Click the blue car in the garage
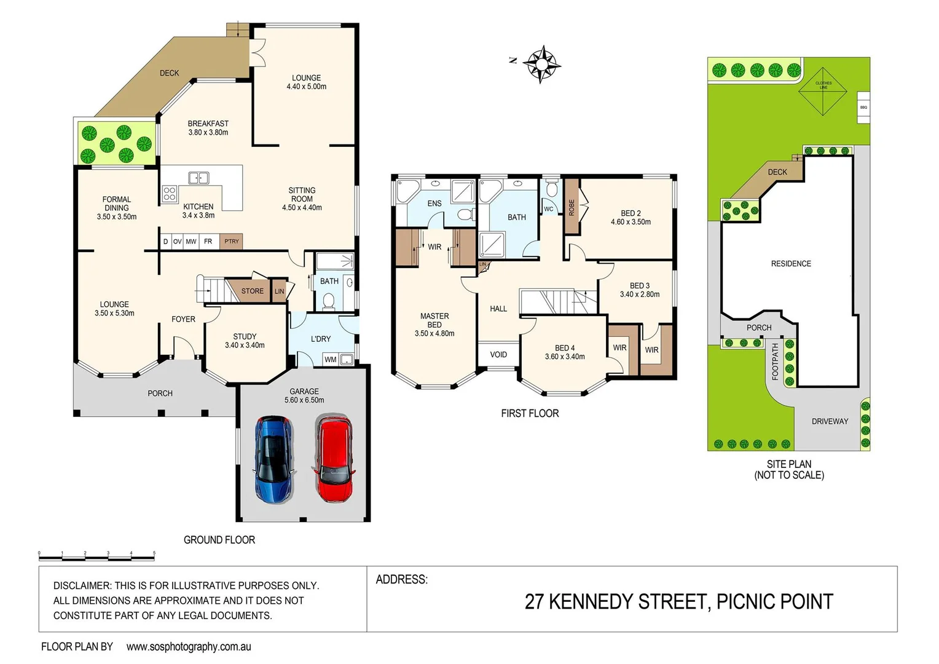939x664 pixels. click(274, 459)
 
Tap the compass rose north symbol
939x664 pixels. click(541, 63)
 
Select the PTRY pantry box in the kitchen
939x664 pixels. click(232, 242)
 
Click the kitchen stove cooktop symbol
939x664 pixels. click(170, 194)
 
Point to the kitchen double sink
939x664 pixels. click(198, 178)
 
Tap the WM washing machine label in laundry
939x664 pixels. click(331, 360)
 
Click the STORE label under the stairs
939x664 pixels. click(252, 291)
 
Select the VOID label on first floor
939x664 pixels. click(498, 355)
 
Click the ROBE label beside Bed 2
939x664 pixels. click(572, 207)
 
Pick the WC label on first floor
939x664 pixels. click(549, 209)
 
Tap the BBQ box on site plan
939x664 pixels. click(863, 107)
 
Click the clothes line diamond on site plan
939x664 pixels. click(823, 92)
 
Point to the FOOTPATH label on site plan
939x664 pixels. click(775, 362)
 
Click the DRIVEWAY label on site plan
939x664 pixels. click(830, 421)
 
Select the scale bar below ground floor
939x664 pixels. click(96, 557)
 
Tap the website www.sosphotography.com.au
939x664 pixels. click(189, 647)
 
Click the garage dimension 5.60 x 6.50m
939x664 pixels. click(304, 400)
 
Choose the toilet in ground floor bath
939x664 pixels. click(329, 301)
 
